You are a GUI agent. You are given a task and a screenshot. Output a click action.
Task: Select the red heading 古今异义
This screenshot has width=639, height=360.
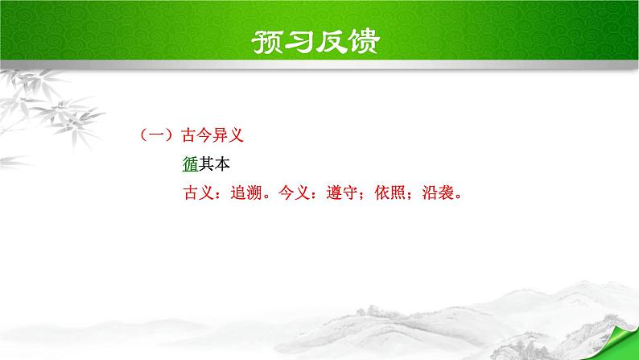point(212,136)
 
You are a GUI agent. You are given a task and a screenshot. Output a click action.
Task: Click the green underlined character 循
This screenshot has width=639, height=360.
point(191,165)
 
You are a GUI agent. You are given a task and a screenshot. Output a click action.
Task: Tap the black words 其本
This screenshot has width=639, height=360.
point(213,165)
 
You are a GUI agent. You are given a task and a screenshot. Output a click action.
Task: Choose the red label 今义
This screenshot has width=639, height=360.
point(291,194)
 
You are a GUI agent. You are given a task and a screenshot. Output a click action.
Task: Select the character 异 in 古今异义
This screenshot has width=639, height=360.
point(220,136)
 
